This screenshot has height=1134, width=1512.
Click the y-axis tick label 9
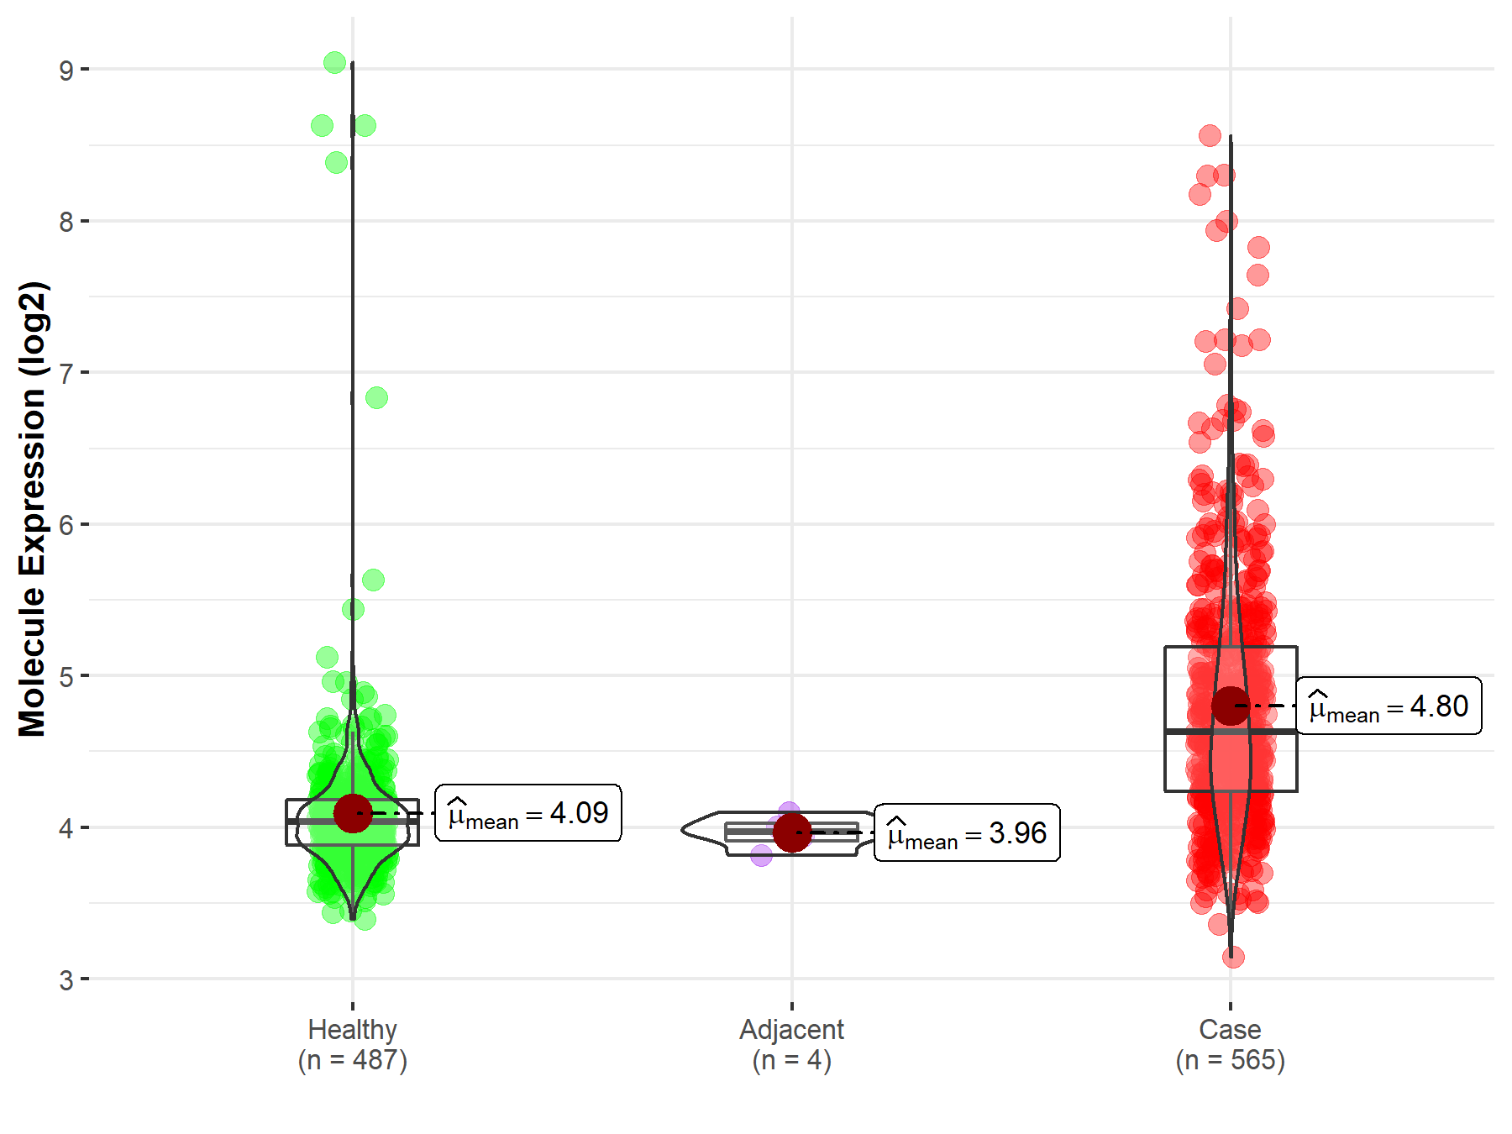(66, 71)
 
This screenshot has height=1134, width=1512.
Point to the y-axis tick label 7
(66, 374)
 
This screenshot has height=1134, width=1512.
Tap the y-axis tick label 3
(66, 980)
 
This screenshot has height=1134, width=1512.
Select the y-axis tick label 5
(66, 677)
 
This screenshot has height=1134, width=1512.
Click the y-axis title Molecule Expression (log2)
(32, 509)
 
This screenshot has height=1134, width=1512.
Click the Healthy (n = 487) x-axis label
(352, 1044)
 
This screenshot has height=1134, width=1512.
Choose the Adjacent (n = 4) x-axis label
(791, 1044)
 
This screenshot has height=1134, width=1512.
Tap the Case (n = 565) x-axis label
(1230, 1044)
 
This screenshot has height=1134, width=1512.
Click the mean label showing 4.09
(528, 813)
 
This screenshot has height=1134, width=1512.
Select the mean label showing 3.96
(967, 833)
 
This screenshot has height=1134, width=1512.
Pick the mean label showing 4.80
(1389, 706)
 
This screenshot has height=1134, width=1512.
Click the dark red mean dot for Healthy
(353, 813)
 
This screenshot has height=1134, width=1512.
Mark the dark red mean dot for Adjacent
(792, 832)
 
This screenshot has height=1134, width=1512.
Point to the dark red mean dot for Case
(1231, 706)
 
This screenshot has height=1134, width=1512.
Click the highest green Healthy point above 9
(334, 62)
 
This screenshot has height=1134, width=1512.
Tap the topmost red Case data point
(1210, 135)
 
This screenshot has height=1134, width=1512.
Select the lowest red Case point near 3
(1233, 957)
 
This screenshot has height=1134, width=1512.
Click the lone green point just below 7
(376, 397)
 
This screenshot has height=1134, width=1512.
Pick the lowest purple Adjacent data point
(761, 856)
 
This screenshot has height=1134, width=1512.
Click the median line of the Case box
(1193, 732)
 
